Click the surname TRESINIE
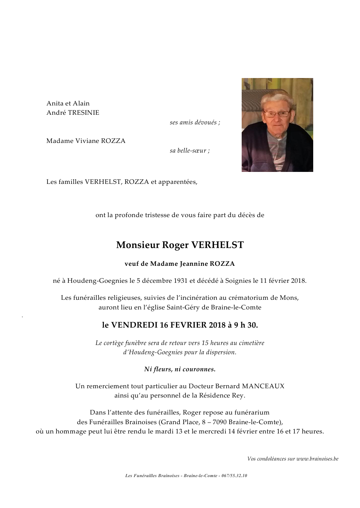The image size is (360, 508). coord(83,112)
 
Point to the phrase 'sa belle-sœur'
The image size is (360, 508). coord(189,151)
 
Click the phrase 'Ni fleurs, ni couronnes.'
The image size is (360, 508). coord(180,369)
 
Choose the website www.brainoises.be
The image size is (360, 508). coord(317,459)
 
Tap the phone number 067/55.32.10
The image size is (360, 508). coord(234,476)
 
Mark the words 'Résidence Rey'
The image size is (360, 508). coord(222,395)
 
